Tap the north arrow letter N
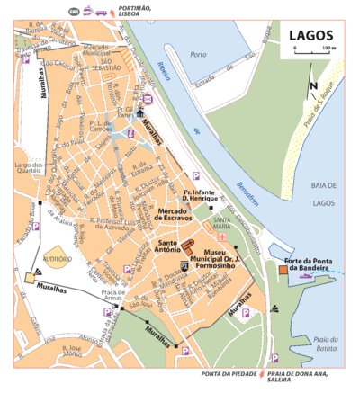tap(312, 87)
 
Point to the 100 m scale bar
tap(312, 53)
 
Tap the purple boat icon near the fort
tap(309, 278)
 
